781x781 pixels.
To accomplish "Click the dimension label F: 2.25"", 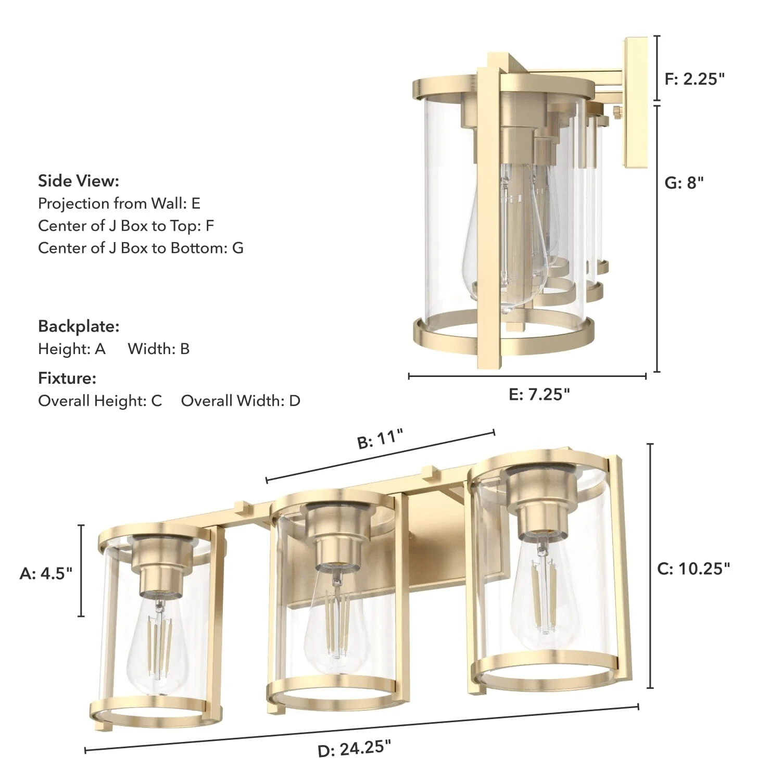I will pos(695,79).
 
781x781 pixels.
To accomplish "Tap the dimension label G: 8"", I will pos(684,183).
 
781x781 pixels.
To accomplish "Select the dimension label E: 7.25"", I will pos(539,394).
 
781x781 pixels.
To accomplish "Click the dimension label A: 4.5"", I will pos(46,573).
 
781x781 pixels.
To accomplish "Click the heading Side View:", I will pos(79,181).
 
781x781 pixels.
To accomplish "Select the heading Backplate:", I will pos(79,326).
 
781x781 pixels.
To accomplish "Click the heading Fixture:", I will pos(67,378).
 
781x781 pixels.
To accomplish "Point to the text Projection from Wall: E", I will pos(119,203).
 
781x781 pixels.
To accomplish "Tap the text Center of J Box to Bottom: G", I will pos(141,248).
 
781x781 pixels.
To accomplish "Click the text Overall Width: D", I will pos(241,400).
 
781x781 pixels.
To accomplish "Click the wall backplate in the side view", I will pos(636,103).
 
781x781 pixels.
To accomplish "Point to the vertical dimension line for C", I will pos(650,566).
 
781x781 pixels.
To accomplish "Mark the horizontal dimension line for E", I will pos(527,375).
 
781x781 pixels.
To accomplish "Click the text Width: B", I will pos(159,348).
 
